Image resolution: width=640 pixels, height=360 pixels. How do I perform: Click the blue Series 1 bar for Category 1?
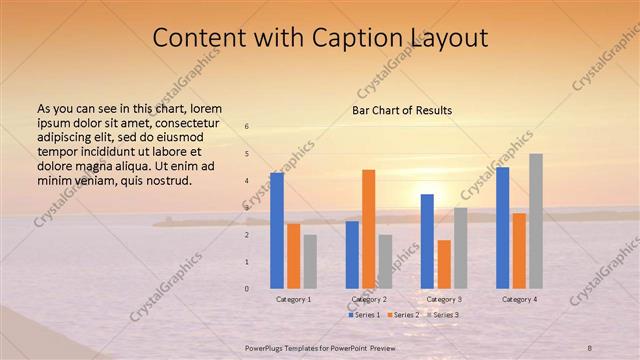coord(277,231)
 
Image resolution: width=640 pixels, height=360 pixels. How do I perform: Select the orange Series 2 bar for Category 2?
coord(368,229)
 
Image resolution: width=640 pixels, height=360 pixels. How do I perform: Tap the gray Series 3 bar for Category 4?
coord(536,221)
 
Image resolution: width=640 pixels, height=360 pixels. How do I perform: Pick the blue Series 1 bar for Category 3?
coord(427,241)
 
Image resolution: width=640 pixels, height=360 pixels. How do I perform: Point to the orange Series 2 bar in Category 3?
coord(444,264)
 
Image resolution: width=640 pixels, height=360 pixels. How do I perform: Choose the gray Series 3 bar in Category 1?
coord(310,262)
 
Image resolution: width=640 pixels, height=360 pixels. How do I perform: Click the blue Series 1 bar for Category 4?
coord(502,228)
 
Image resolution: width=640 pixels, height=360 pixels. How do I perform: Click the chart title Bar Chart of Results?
coord(403,110)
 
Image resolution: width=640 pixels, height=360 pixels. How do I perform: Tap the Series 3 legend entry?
coord(442,315)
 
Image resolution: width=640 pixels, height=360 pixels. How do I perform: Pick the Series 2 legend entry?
coord(403,315)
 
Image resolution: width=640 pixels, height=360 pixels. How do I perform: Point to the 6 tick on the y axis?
coord(246,127)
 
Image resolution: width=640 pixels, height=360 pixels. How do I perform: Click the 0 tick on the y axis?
coord(246,289)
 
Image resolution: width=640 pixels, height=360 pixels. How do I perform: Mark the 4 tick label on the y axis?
coord(246,181)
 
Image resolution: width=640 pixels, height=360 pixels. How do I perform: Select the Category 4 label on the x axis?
coord(519,299)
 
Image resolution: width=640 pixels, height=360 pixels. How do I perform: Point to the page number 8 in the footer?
coord(589,347)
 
